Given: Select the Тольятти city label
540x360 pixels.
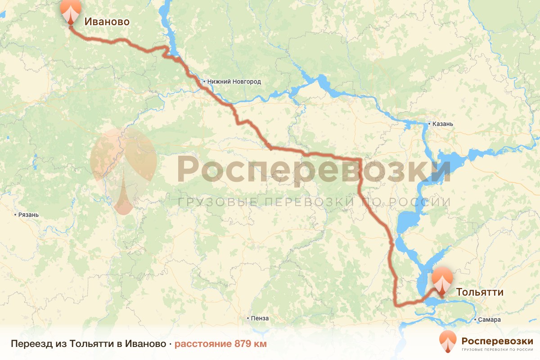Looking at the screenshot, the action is coord(480,292).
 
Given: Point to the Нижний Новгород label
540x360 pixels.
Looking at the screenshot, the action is coord(234,81).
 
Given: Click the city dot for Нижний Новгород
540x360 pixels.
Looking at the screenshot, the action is coord(204,81).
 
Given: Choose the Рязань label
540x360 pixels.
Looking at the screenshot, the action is coord(28,215).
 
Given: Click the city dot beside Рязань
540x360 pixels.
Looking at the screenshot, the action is coord(16,215).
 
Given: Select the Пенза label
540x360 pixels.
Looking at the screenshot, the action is coord(260,318).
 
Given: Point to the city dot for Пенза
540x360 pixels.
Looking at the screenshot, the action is coord(248,318).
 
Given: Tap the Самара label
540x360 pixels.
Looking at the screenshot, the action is coord(490,320).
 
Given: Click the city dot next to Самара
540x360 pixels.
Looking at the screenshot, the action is coord(477,320).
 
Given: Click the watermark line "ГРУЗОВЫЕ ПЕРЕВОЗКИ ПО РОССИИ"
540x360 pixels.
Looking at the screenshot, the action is coord(314,202).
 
